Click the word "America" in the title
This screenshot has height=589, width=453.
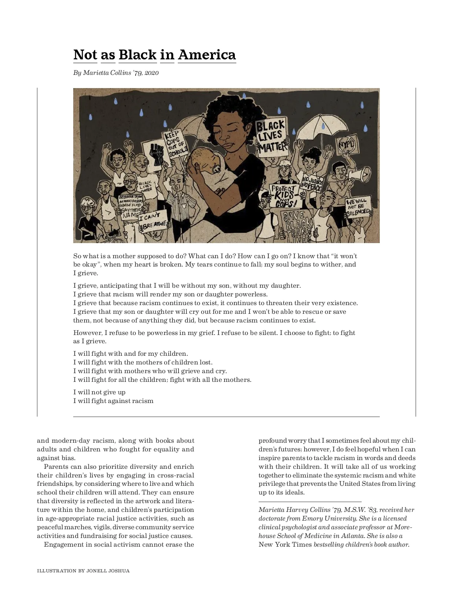coord(206,55)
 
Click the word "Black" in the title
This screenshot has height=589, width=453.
coord(137,55)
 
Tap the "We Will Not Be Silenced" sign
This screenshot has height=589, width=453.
coord(357,206)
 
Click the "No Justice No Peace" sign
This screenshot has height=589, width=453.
coord(312,183)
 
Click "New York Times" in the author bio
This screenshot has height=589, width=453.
coord(285,544)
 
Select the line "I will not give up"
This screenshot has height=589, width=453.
coord(99,392)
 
